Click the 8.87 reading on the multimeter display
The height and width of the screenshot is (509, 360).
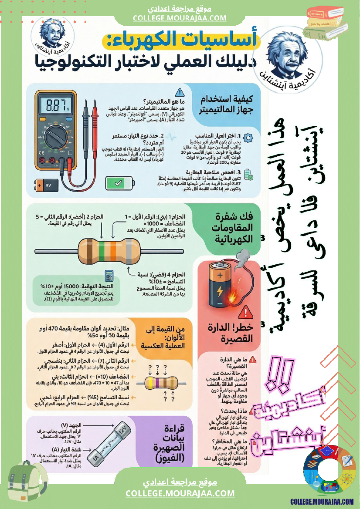pos(55,105)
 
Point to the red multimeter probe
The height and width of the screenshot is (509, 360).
pos(94,131)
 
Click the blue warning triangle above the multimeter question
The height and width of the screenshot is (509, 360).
pos(180,92)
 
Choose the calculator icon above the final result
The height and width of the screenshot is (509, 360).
pos(110,276)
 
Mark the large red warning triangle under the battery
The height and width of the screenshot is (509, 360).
pos(246,312)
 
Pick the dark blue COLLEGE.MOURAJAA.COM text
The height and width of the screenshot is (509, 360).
pos(322,502)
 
